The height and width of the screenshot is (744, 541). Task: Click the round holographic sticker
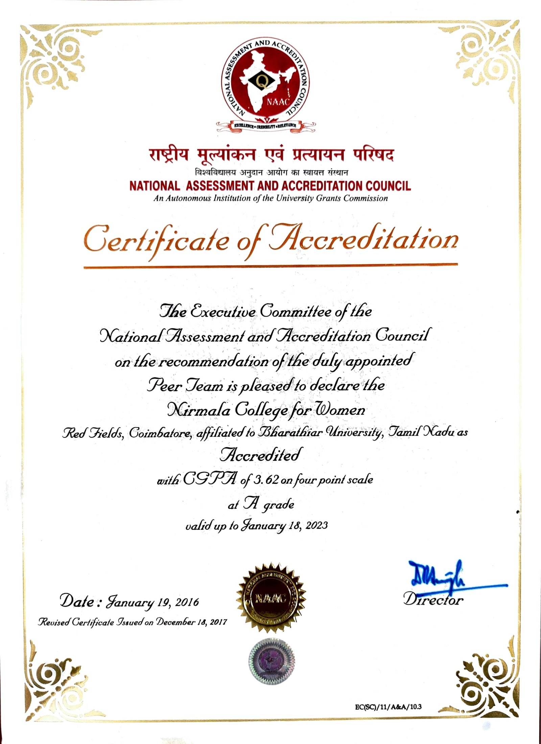tap(272, 660)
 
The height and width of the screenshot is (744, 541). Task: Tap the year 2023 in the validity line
tap(316, 525)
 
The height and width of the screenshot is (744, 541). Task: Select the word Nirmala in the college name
tap(199, 410)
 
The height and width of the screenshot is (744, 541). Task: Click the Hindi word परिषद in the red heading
tap(373, 155)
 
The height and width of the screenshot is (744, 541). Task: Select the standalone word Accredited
tap(260, 455)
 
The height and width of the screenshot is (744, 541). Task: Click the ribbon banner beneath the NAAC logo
tap(265, 126)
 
